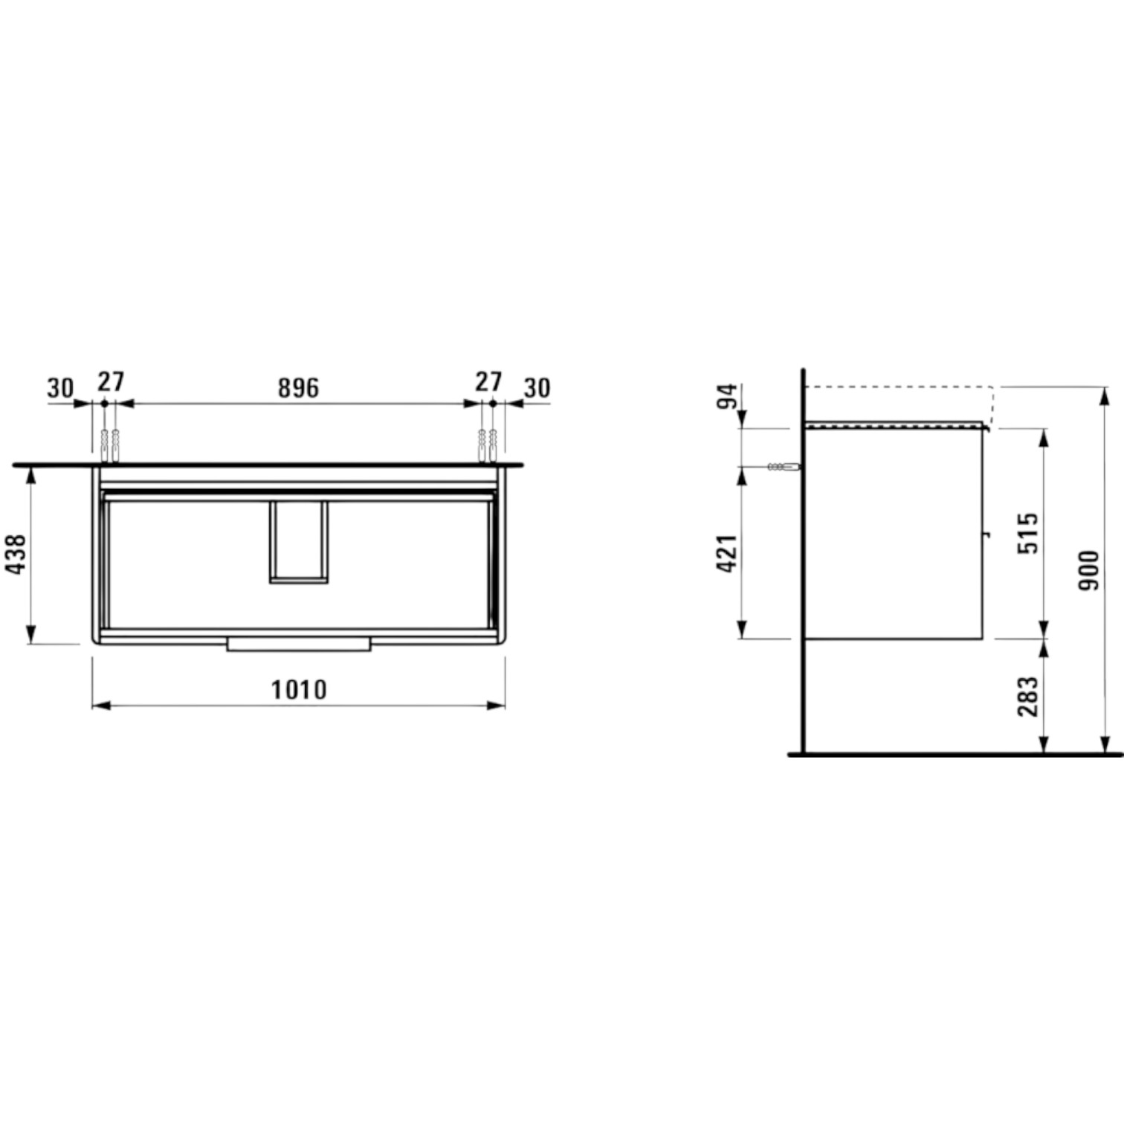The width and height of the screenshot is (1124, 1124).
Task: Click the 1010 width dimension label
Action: pyautogui.click(x=299, y=690)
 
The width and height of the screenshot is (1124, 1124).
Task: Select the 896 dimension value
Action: pyautogui.click(x=298, y=387)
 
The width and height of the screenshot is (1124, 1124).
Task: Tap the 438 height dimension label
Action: pyautogui.click(x=16, y=554)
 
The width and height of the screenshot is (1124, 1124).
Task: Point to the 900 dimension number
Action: pyautogui.click(x=1088, y=570)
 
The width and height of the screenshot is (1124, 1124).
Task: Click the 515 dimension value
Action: pyautogui.click(x=1028, y=532)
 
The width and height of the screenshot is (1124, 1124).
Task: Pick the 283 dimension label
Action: pyautogui.click(x=1028, y=696)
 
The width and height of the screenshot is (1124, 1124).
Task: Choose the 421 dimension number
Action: pyautogui.click(x=729, y=553)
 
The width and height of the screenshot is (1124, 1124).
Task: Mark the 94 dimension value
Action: pyautogui.click(x=729, y=397)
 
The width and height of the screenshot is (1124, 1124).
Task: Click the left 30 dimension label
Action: pyautogui.click(x=61, y=387)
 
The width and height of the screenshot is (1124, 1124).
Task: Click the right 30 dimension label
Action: pyautogui.click(x=537, y=387)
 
